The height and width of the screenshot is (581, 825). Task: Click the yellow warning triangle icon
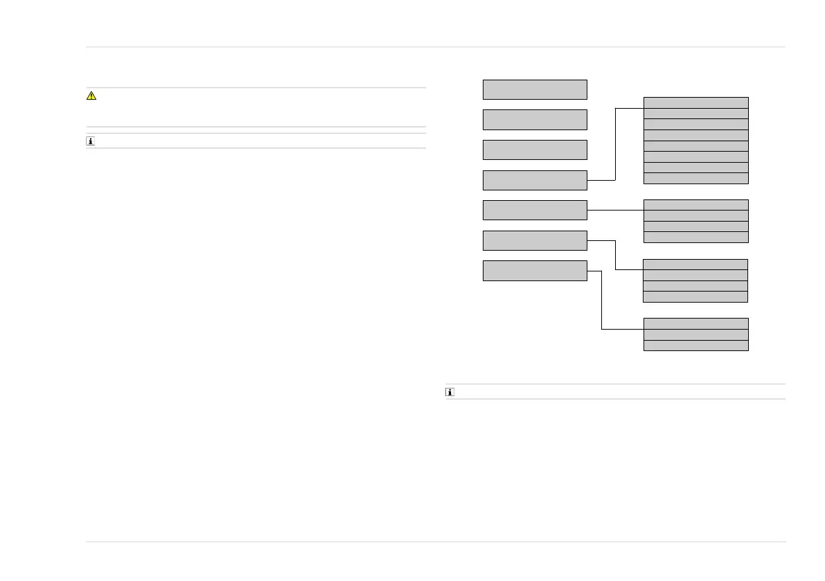[91, 96]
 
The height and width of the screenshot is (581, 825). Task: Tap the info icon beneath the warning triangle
[91, 141]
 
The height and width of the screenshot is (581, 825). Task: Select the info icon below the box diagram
[450, 392]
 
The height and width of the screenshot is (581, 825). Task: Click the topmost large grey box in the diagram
[535, 89]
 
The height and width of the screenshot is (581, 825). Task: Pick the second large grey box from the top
[535, 119]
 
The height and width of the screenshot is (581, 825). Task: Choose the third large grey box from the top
[535, 150]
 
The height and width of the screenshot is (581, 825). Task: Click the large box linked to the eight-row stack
[535, 180]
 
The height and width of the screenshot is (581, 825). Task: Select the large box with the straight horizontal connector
[535, 210]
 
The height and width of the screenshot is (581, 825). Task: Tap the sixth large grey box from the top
[535, 240]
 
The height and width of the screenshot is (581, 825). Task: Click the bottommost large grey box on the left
[535, 270]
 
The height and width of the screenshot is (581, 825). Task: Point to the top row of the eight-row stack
[696, 102]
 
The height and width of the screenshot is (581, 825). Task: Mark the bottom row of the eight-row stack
[696, 178]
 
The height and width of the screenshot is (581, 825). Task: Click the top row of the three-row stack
[696, 323]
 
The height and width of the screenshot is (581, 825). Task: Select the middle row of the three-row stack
[696, 334]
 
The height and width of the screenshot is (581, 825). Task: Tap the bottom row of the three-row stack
[696, 345]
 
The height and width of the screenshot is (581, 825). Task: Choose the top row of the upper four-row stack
[696, 205]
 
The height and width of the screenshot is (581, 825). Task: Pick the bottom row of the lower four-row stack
[696, 296]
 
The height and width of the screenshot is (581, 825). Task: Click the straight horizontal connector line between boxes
[615, 210]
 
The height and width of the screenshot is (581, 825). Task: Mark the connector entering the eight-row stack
[629, 108]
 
